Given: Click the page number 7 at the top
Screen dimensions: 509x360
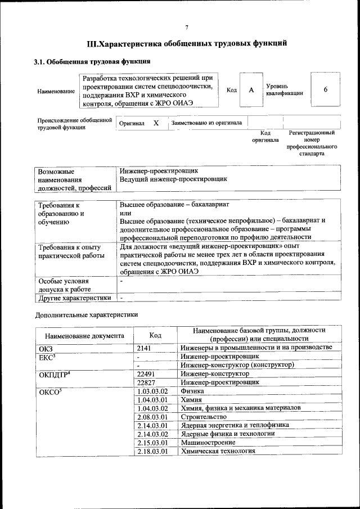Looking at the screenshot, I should pos(186,28).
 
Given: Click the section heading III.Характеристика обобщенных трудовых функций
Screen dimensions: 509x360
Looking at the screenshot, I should pos(187,43).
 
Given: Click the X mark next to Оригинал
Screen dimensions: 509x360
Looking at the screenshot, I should pos(156,123).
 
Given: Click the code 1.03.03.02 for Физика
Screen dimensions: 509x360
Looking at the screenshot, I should pos(153,391).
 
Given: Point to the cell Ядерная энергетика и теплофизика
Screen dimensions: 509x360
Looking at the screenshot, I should pos(235,425).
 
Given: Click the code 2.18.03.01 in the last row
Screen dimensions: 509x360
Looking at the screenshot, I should pos(153,451).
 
